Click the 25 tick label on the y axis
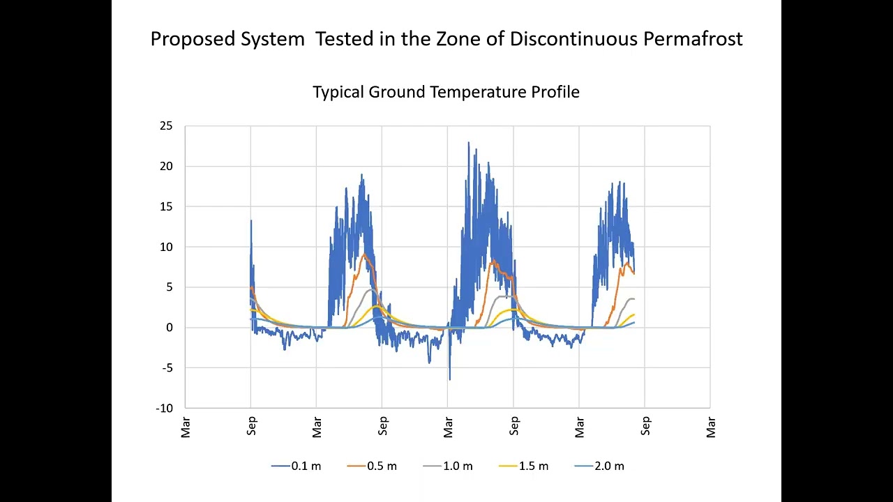pos(165,126)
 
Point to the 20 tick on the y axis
pos(165,167)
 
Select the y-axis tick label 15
pos(165,207)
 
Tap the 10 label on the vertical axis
pos(165,248)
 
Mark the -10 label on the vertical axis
pos(164,409)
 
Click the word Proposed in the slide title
pos(193,39)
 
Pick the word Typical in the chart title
pos(338,92)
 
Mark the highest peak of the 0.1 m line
pos(469,142)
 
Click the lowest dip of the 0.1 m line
pos(449,379)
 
